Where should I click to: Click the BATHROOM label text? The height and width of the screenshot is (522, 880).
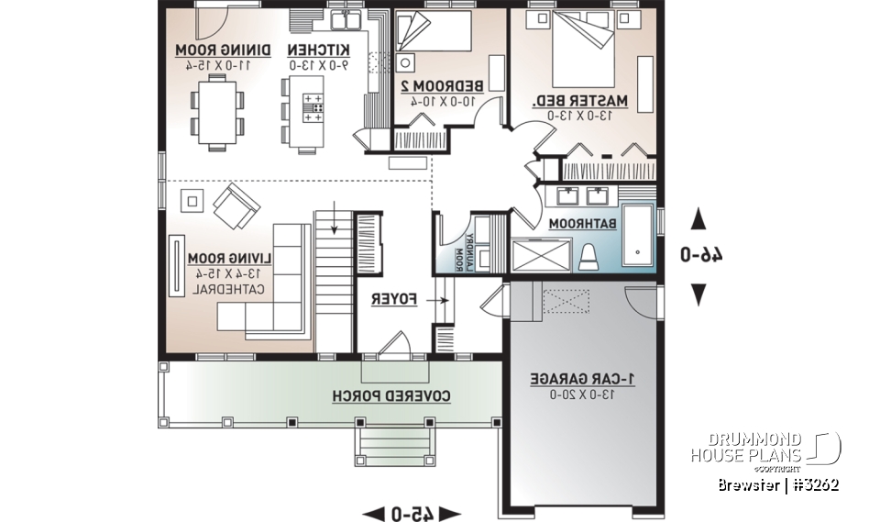[585, 222]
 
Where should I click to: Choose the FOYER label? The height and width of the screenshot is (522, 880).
[395, 299]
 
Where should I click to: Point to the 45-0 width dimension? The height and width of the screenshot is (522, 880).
[413, 513]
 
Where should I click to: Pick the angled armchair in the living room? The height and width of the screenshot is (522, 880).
[236, 205]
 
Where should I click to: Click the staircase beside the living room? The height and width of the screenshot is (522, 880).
[334, 240]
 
